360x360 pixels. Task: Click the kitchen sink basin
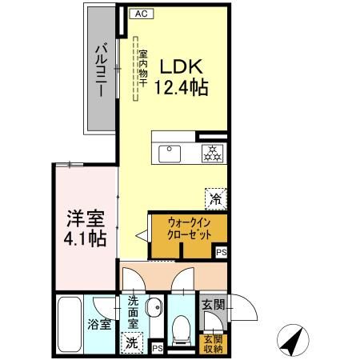pos(170,152)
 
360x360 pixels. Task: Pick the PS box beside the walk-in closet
pos(221,252)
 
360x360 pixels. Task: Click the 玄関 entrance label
pos(213,304)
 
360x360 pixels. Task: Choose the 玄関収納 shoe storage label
pos(214,342)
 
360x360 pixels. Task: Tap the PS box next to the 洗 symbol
pos(158,348)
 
